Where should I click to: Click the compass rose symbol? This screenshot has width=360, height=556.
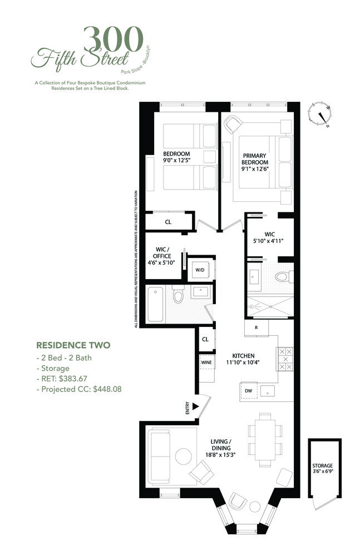click(x=322, y=116)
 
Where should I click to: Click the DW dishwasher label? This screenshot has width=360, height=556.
click(x=248, y=391)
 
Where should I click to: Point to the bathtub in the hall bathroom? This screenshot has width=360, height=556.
click(x=156, y=304)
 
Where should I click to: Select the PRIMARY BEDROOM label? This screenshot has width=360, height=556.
click(x=255, y=162)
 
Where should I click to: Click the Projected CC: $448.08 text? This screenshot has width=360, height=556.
click(x=78, y=389)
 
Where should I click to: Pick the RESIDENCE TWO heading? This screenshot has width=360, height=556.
click(x=73, y=345)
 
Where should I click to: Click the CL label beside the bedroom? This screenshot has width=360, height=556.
click(x=168, y=221)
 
